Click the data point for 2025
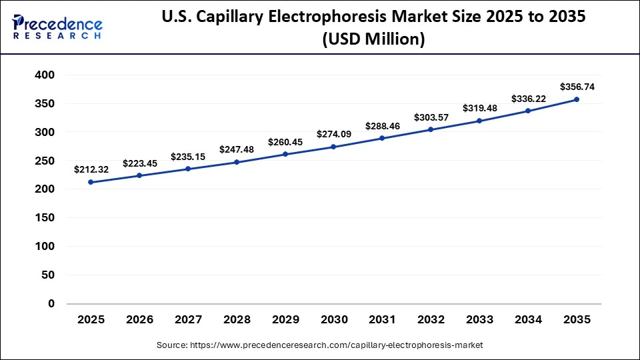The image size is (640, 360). pos(91,182)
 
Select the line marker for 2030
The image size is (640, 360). pos(333,147)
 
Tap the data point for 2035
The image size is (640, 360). pos(577,99)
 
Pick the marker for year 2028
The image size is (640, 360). pos(237,162)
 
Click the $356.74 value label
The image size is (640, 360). pos(577,86)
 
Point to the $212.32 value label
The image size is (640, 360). pos(91,169)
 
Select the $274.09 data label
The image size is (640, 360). pos(333,133)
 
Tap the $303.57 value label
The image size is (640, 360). pos(431,117)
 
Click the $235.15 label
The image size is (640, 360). pos(188,155)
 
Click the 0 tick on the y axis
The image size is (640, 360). pos(51,303)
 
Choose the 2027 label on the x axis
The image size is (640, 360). pos(188,319)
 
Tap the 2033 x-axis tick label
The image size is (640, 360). pos(479,319)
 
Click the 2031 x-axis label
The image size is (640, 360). pos(382,319)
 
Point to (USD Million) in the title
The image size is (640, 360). pos(373,39)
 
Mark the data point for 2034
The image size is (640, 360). pos(528,111)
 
